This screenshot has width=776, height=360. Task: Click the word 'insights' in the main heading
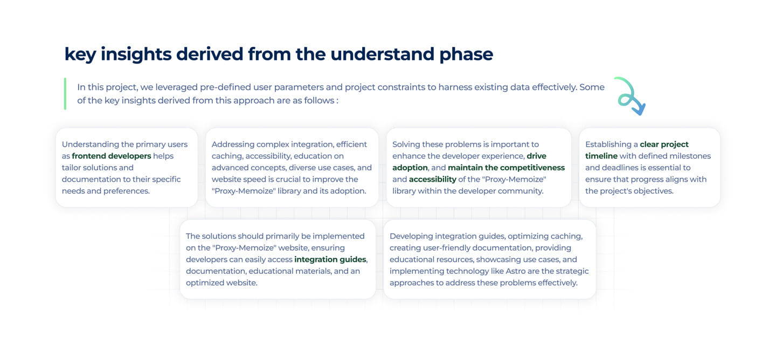tap(136, 54)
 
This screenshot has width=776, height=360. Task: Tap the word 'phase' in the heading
tap(466, 54)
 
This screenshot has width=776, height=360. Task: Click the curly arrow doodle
tap(630, 95)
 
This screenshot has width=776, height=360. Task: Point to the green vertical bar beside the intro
tap(65, 94)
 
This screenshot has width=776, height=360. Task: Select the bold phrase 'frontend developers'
tap(112, 156)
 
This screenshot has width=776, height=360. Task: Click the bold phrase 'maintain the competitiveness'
tap(506, 168)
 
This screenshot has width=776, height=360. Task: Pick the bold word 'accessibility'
tap(432, 179)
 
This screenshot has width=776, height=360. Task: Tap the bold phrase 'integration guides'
tap(330, 260)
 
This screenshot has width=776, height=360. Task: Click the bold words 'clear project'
tap(664, 144)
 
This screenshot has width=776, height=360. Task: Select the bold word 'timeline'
tap(601, 156)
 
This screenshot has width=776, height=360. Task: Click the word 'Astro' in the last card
tap(516, 271)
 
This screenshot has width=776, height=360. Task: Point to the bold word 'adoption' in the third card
tap(410, 168)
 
